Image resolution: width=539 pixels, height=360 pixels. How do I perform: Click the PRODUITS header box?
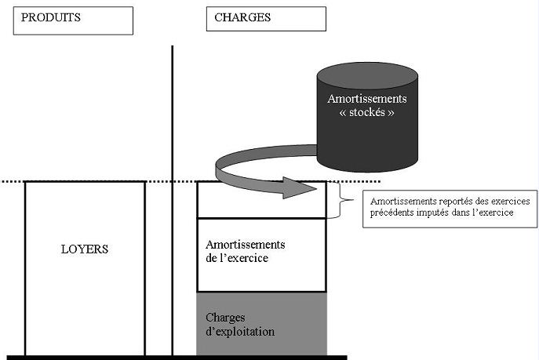73,19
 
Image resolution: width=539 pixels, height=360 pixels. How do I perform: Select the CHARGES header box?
265,19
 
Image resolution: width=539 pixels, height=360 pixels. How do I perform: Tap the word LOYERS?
85,250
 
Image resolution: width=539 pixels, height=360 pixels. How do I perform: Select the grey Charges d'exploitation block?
261,324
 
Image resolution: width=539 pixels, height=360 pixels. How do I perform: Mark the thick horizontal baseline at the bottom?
173,357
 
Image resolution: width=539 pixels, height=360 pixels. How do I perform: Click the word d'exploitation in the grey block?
240,332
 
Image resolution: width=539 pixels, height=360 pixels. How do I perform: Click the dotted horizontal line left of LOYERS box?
12,181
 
